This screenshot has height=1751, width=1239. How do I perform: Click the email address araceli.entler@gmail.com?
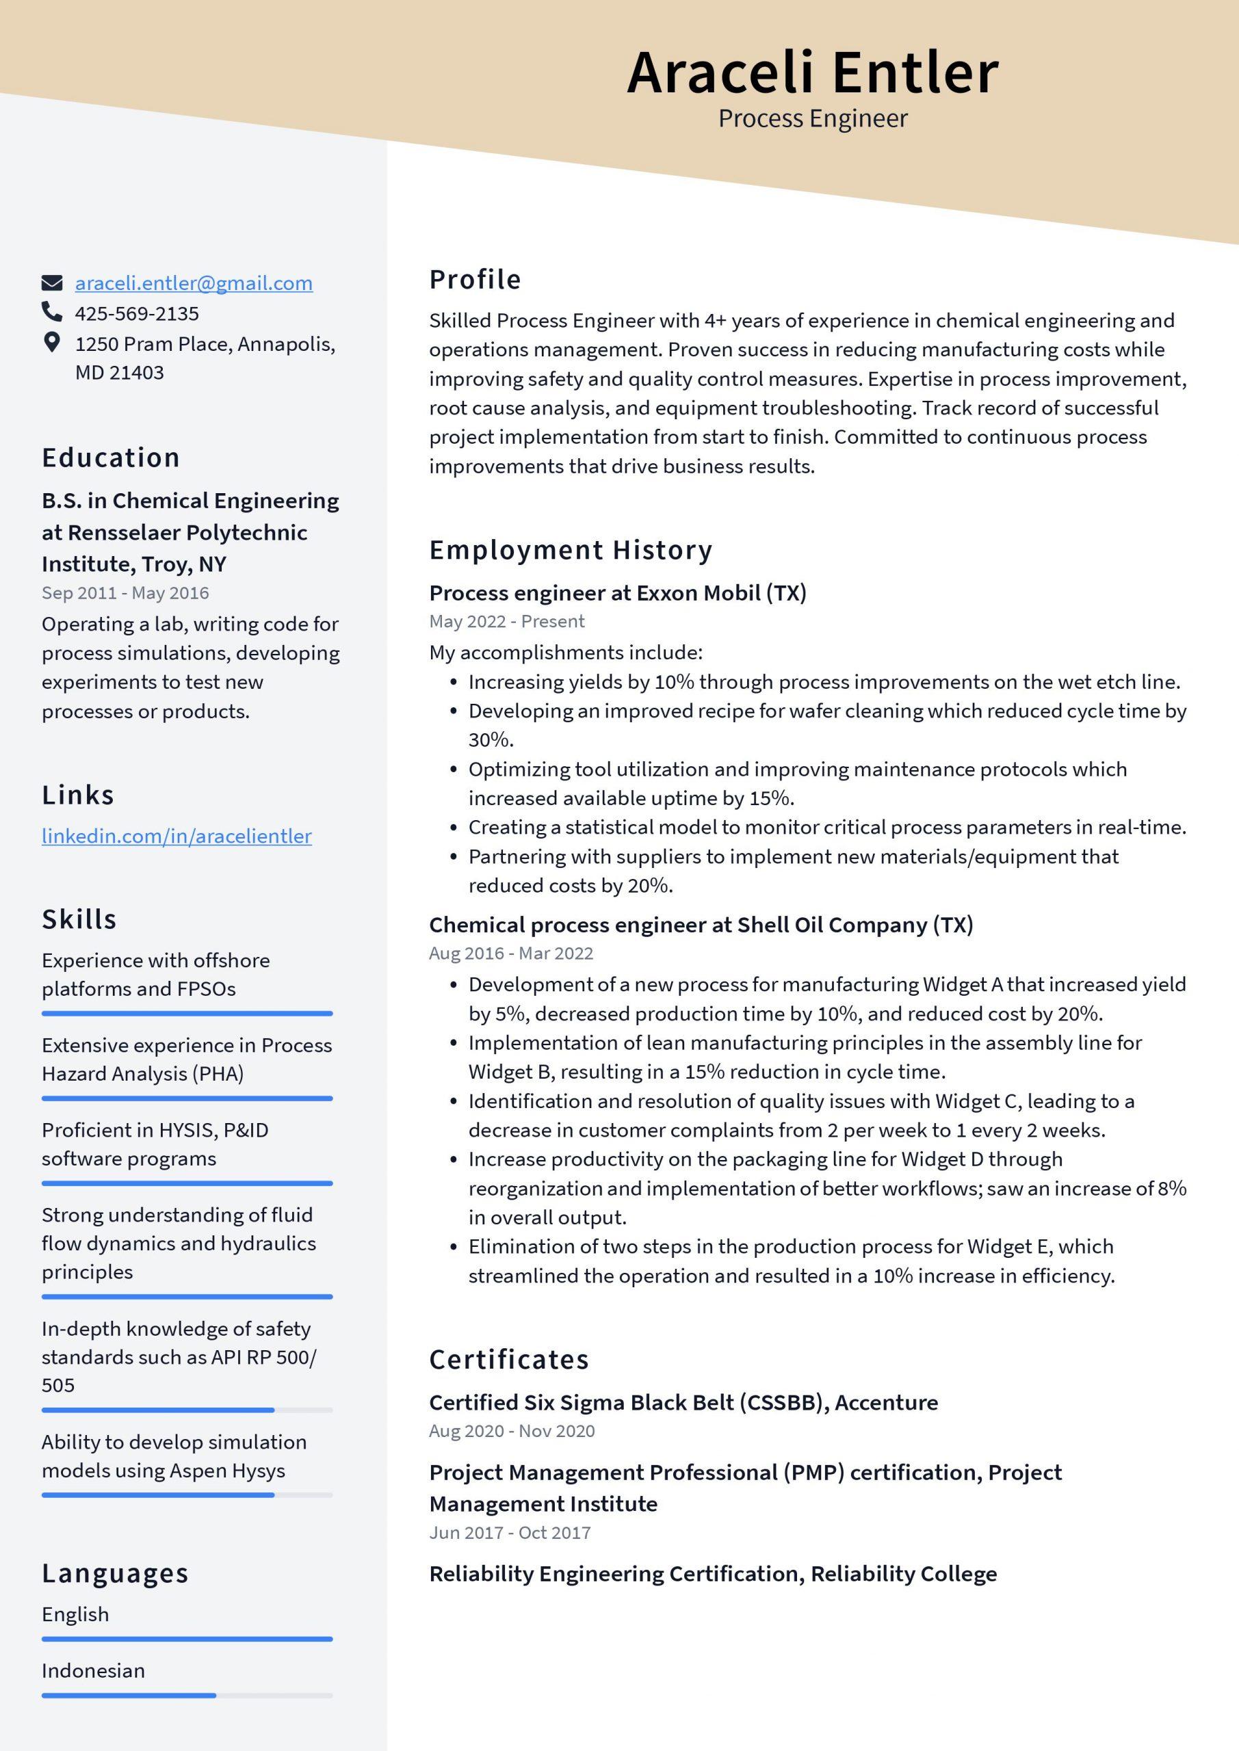[x=193, y=283]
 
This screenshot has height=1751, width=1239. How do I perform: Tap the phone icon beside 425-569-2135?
[x=51, y=312]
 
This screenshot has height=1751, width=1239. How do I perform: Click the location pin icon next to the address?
[x=51, y=343]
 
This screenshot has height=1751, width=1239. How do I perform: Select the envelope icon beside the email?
[x=51, y=283]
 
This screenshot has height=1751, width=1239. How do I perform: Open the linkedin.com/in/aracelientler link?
[x=177, y=836]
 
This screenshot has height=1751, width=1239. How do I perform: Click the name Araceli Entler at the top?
[x=813, y=72]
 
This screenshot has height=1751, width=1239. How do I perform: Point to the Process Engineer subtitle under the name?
[x=813, y=118]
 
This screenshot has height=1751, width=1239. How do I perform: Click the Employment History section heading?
[x=571, y=549]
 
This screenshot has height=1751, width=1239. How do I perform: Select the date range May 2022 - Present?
[x=506, y=621]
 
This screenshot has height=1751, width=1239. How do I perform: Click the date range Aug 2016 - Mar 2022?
[x=510, y=953]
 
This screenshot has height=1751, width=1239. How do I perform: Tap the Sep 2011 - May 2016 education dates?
[x=125, y=592]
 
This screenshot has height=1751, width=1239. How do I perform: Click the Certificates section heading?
[x=509, y=1359]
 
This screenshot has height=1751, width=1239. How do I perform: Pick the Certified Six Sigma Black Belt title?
[x=683, y=1401]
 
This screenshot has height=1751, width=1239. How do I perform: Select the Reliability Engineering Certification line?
[x=713, y=1573]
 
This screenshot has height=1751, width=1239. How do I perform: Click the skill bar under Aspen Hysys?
[x=187, y=1495]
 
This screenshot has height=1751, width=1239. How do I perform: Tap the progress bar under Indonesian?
[x=187, y=1696]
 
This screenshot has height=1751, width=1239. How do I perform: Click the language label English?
[x=75, y=1614]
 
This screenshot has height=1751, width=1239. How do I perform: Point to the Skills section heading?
[x=79, y=919]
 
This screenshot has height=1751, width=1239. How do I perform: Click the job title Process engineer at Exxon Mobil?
[x=617, y=592]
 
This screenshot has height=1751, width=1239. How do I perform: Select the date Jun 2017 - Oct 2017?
[x=510, y=1532]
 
